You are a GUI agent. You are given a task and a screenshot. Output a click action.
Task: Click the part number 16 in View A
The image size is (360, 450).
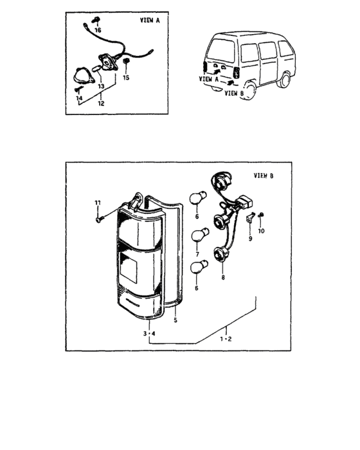point(98,30)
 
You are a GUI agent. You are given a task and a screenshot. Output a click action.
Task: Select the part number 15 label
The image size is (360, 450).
point(126,77)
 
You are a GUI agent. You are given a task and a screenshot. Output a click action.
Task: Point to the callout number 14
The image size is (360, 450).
point(79,97)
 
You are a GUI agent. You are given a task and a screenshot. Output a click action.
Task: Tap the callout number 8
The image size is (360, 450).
point(222,278)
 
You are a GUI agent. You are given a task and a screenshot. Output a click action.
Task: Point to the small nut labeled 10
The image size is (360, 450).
point(261,215)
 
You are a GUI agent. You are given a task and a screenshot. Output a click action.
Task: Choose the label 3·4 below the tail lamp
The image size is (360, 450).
point(149,334)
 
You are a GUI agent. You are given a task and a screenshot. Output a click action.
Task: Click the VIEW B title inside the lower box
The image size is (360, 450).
point(263,175)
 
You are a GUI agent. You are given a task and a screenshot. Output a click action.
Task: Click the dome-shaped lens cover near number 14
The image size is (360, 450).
point(83,76)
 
